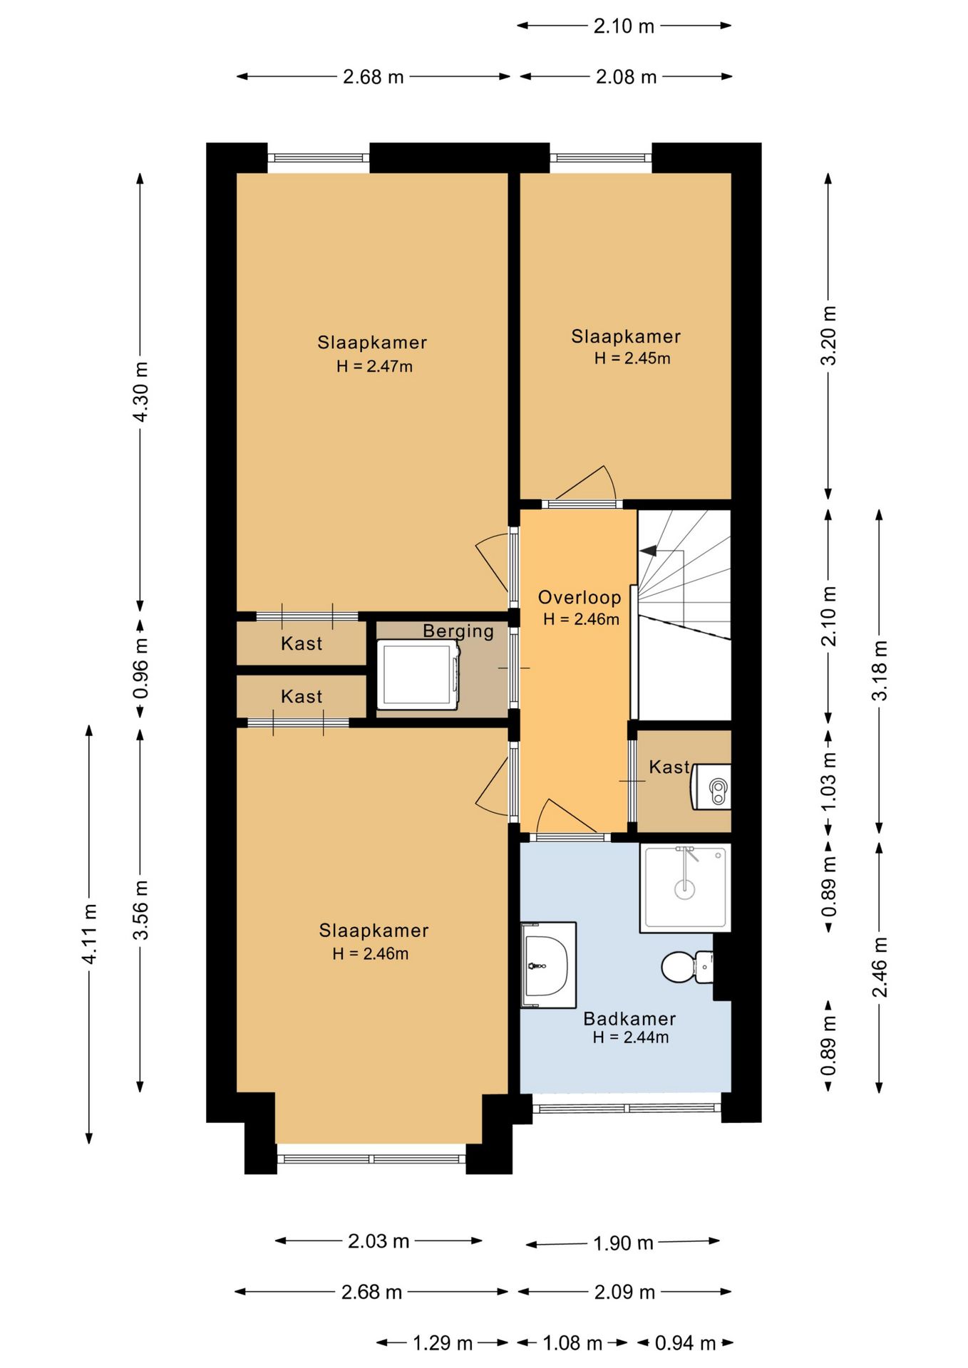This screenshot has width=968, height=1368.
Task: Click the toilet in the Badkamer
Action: coord(688,966)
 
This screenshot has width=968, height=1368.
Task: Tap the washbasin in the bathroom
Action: coord(548,965)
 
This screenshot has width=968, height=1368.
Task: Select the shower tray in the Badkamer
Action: coord(685,887)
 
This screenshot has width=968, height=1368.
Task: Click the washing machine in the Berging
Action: coord(418,674)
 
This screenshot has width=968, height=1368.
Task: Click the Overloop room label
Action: coord(580,597)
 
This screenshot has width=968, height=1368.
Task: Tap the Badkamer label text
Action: coord(629,1018)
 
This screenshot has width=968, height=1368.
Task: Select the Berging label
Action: coord(458,631)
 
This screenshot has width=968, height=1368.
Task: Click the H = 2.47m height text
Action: coord(374,366)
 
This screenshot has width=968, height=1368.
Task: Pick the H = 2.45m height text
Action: coord(632,358)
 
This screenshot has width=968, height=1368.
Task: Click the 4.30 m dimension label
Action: coord(140,391)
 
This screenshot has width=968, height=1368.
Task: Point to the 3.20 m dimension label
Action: coord(828,335)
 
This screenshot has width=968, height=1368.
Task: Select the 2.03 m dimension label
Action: coord(379,1240)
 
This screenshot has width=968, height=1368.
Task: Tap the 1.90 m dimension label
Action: coord(623,1243)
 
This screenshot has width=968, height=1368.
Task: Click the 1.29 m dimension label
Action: coord(443,1342)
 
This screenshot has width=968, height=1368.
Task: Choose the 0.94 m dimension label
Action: coord(685,1342)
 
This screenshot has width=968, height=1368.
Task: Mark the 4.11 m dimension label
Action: coord(89,934)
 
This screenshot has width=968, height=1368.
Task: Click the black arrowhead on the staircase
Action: coord(649,550)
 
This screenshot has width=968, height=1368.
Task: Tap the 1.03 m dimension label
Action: coord(828,781)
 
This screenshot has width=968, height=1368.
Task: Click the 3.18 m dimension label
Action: coord(880,670)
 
